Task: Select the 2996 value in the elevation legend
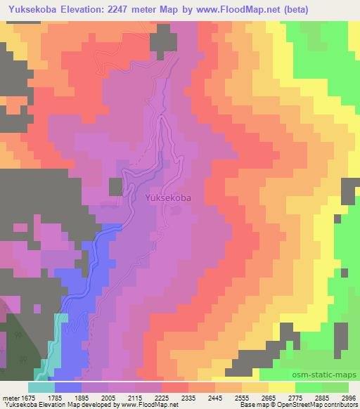point(349,397)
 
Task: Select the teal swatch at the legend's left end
point(41,387)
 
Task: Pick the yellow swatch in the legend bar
point(283,387)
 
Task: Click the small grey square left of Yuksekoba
point(115,186)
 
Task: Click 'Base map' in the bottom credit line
point(248,405)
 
